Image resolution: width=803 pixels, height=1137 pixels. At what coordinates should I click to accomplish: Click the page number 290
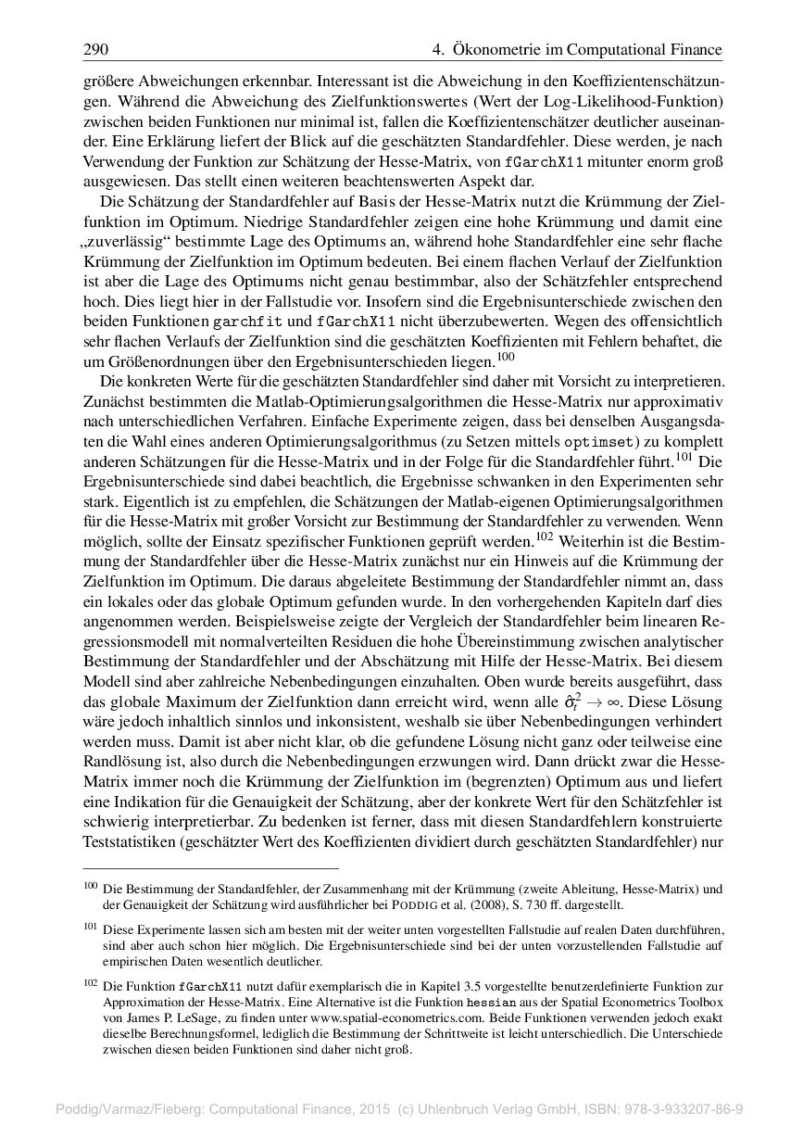point(96,49)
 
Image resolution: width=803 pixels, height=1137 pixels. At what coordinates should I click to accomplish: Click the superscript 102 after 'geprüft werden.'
point(546,536)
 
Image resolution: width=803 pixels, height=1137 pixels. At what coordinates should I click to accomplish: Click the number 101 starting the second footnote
point(90,924)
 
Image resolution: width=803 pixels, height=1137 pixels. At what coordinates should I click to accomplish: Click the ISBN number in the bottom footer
point(684,1108)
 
